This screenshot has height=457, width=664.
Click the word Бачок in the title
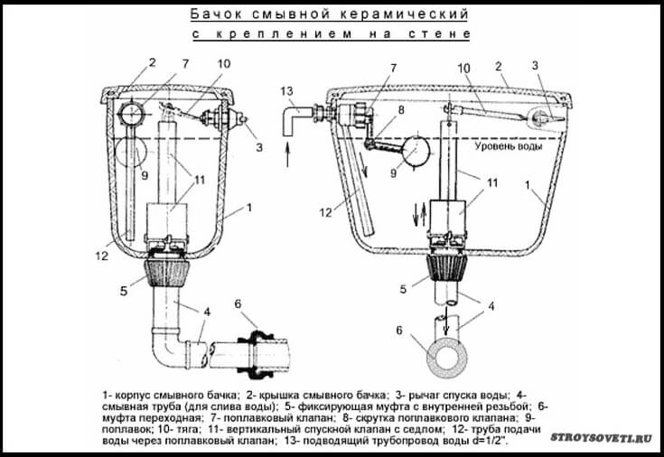tap(216, 14)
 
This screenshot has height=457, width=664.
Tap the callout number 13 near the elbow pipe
tap(286, 91)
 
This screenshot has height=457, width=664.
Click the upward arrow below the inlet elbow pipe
tap(287, 154)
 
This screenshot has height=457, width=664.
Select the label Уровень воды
tap(508, 146)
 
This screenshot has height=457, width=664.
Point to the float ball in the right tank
tap(416, 151)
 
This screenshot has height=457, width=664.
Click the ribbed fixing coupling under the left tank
tap(167, 273)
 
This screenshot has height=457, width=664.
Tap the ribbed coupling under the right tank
tap(446, 266)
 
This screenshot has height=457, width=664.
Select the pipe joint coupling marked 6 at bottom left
tap(256, 354)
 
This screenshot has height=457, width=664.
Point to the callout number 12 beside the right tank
tap(325, 212)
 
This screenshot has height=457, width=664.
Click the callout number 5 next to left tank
tap(123, 291)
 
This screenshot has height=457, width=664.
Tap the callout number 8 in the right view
tap(400, 110)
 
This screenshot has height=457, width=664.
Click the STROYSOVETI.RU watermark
tap(601, 437)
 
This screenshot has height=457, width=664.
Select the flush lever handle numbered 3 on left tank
tap(236, 117)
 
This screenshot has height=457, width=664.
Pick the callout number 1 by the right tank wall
tap(528, 185)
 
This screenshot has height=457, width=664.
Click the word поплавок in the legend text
tap(120, 430)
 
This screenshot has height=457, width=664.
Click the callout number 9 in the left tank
tap(145, 174)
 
